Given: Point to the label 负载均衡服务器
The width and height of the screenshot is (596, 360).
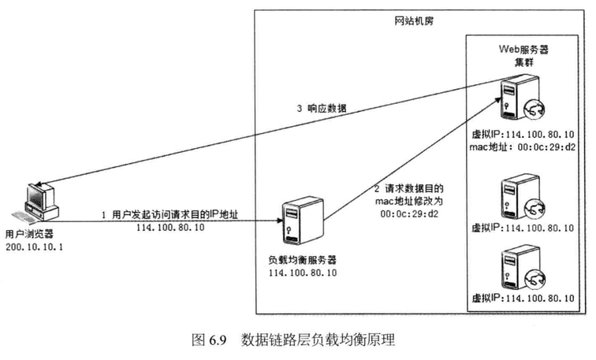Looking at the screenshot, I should [302, 259].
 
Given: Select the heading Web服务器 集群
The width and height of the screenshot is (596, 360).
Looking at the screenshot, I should [522, 55].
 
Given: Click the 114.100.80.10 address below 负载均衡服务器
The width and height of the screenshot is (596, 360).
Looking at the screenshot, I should [303, 273].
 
